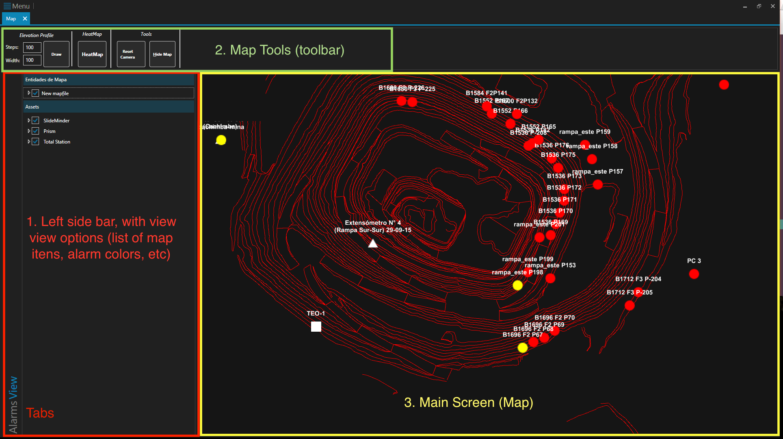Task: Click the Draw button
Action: [56, 54]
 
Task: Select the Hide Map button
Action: [162, 54]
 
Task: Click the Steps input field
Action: [32, 48]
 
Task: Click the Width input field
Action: [32, 60]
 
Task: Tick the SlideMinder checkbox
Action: [36, 120]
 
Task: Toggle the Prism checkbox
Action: [36, 131]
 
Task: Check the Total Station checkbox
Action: [36, 141]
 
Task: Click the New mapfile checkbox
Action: [36, 93]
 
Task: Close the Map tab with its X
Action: [25, 19]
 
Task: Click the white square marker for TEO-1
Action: [316, 326]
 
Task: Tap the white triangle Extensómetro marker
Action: [373, 243]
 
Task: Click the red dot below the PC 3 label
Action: [694, 274]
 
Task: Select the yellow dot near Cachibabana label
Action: [221, 140]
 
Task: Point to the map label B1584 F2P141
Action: [486, 93]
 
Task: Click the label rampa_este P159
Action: [584, 132]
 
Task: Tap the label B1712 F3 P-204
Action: [638, 279]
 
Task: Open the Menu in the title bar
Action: [17, 6]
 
